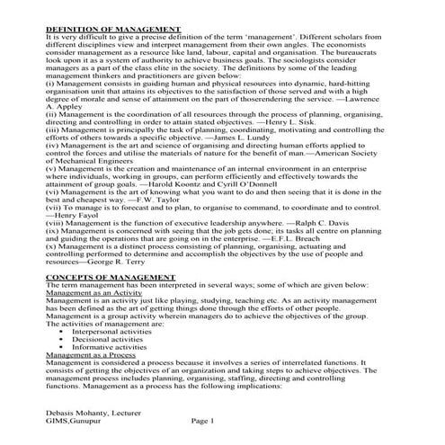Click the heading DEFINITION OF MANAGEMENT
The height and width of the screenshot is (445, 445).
click(112, 30)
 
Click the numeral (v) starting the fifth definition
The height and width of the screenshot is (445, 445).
click(50, 171)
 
